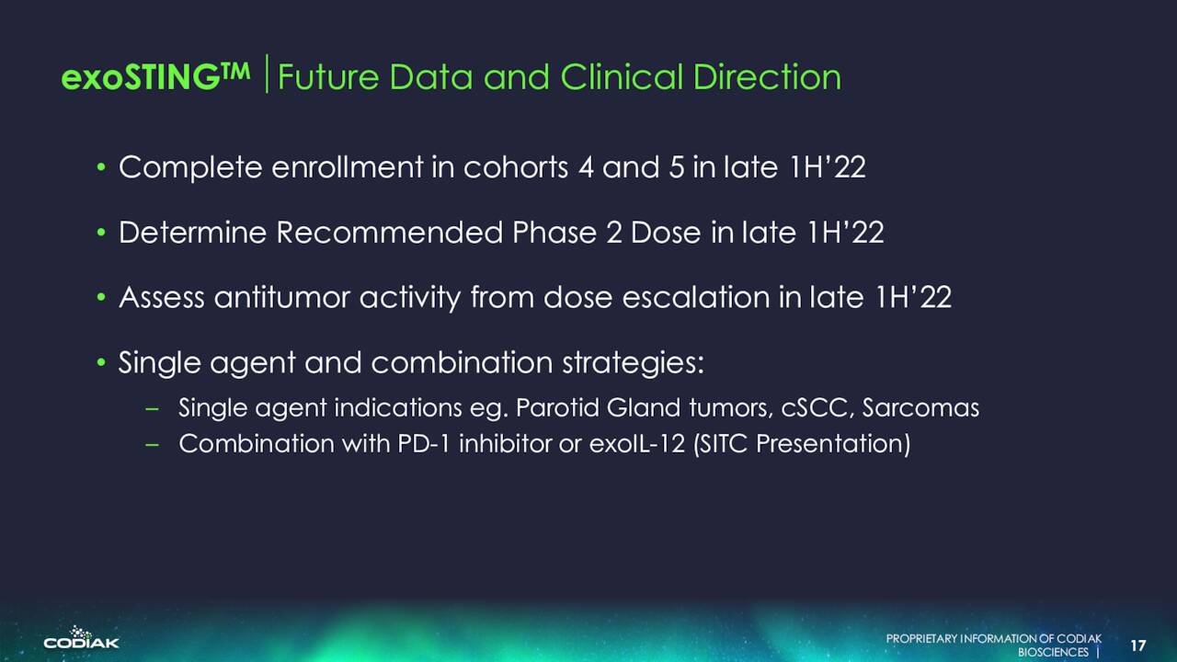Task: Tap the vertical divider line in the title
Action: point(267,74)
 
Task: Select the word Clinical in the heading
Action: point(622,76)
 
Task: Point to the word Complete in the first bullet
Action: point(190,167)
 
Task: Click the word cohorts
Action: point(516,167)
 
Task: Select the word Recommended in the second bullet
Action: point(389,233)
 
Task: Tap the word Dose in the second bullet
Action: point(666,233)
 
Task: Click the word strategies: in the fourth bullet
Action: point(634,363)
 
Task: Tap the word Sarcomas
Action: point(920,408)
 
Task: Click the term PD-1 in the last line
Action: point(424,443)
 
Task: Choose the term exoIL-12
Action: point(637,443)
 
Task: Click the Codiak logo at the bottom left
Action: point(82,637)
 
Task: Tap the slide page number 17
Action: point(1138,645)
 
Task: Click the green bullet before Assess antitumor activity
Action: point(101,297)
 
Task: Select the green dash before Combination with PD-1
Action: point(152,444)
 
